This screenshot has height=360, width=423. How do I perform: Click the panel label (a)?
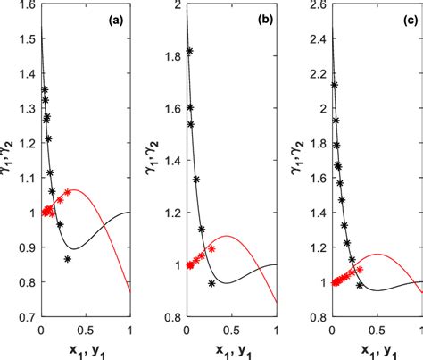(x=116, y=19)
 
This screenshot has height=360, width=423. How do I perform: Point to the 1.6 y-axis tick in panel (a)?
(x=28, y=6)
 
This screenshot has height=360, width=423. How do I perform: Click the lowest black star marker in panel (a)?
(x=68, y=259)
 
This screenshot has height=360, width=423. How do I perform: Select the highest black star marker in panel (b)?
(x=189, y=51)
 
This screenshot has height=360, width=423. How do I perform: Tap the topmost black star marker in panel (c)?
(x=334, y=86)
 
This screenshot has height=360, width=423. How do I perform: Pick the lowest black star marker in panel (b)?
(x=211, y=283)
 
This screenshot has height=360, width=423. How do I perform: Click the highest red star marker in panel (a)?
(x=67, y=192)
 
